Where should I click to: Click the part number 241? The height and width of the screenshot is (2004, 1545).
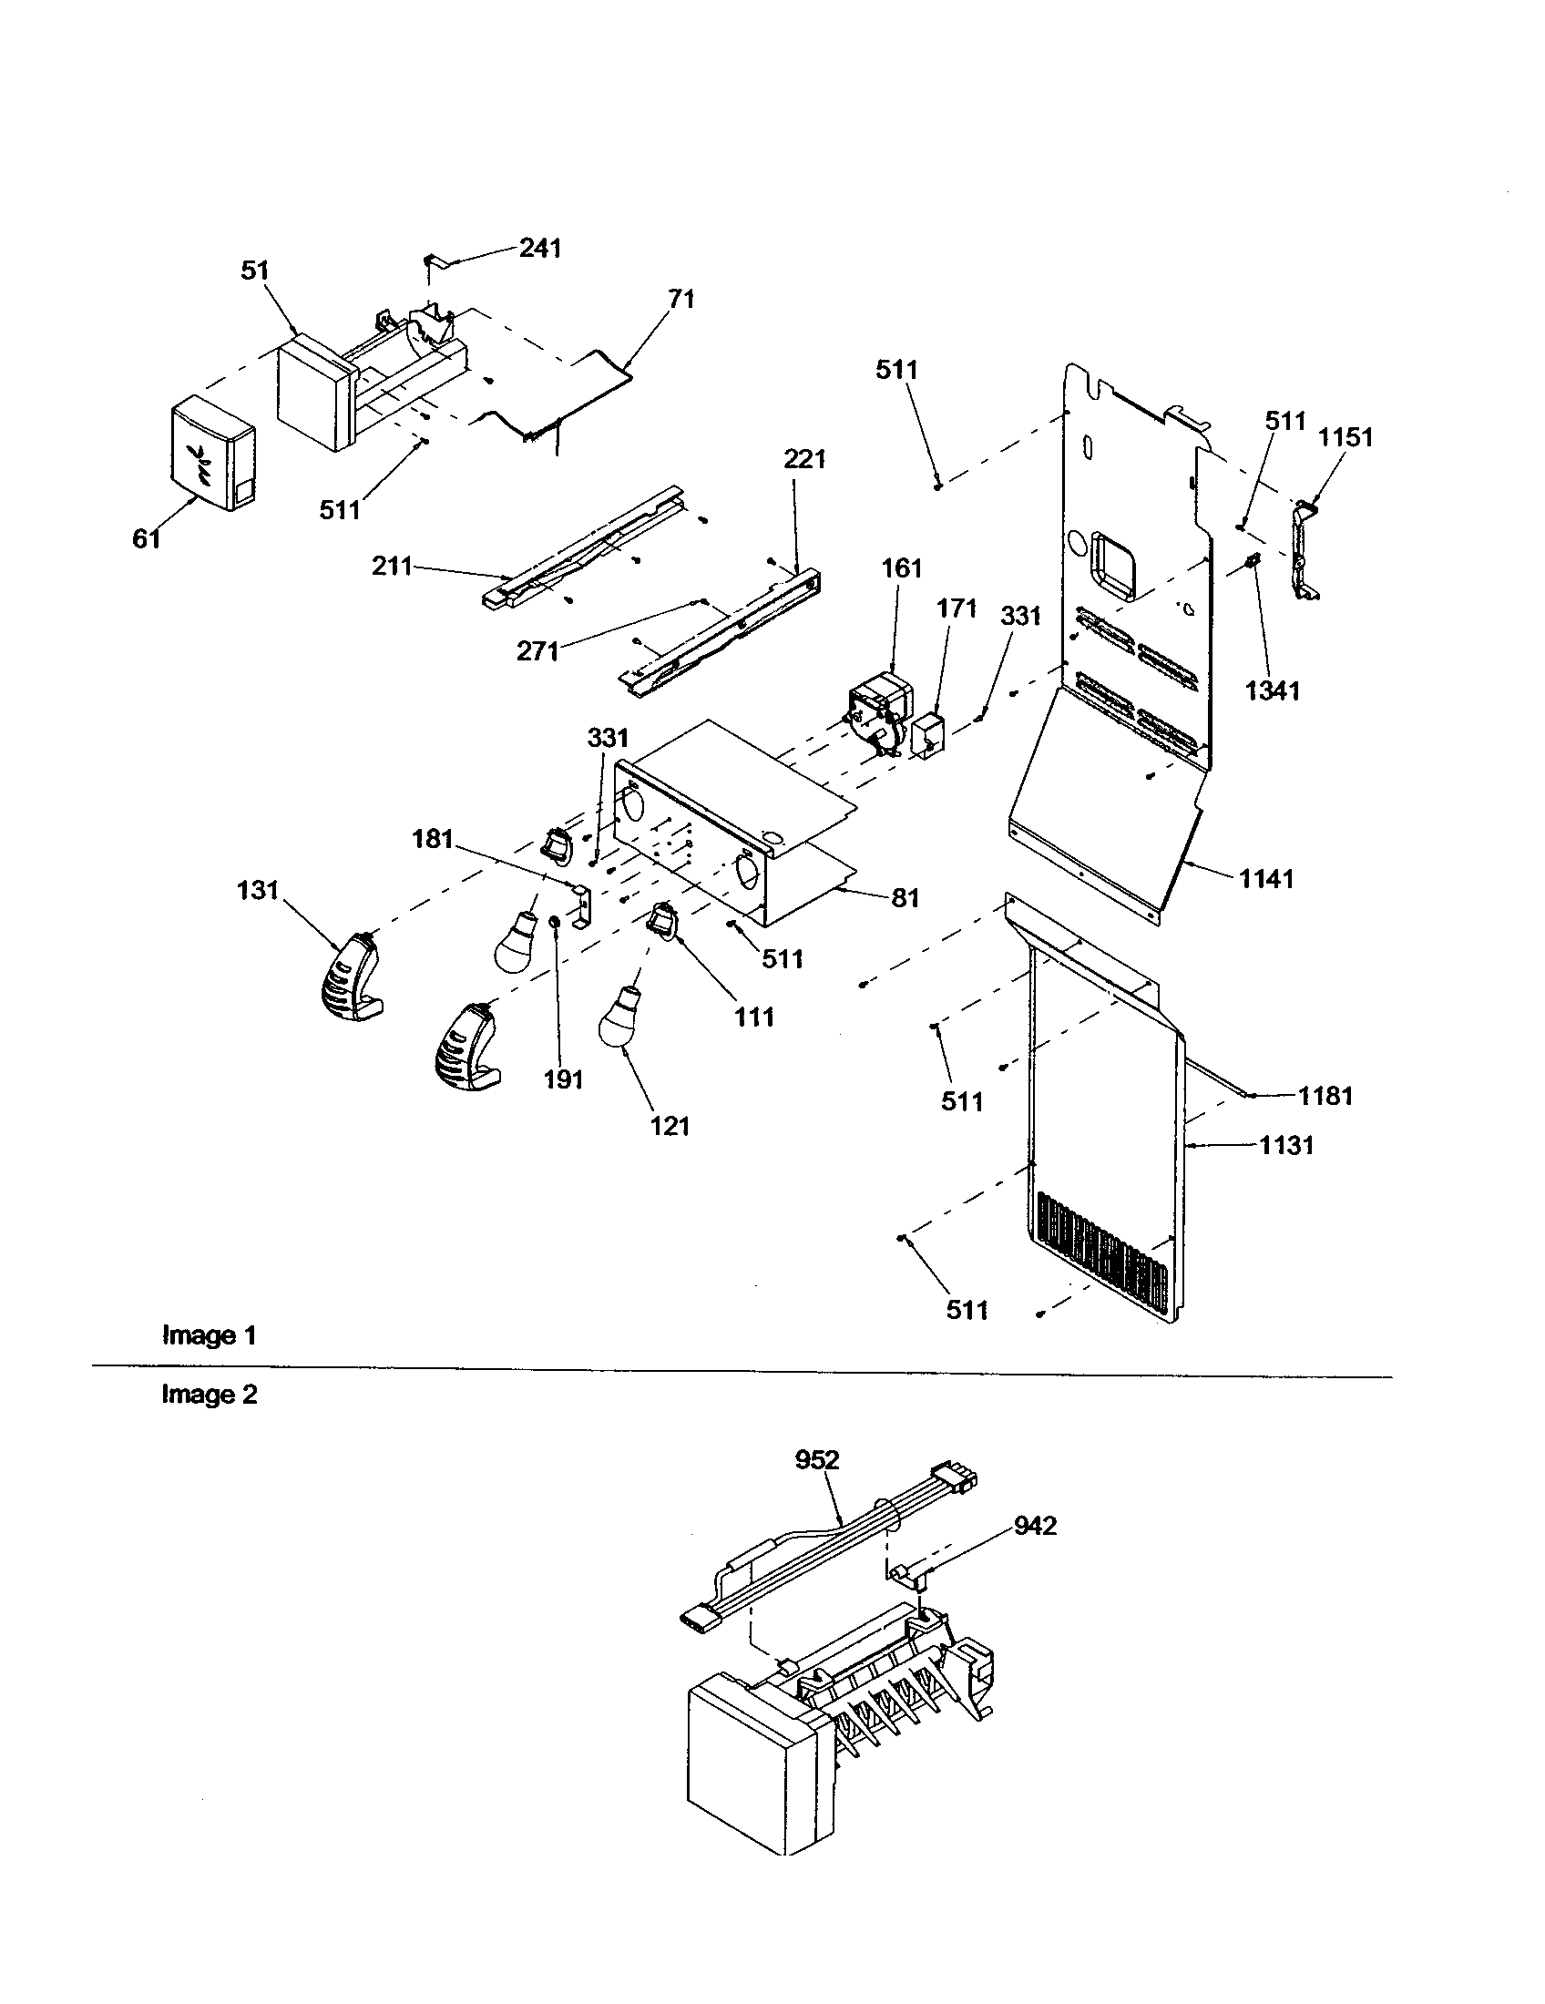540,249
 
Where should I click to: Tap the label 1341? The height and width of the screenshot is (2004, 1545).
1273,690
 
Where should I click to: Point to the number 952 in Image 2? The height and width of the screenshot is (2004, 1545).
817,1459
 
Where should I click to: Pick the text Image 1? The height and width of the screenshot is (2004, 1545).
210,1335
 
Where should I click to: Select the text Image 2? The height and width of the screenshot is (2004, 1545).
210,1395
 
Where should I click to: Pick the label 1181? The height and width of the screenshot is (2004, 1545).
1325,1096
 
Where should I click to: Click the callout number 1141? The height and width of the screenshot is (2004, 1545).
1266,879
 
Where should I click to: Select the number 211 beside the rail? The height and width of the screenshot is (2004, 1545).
392,567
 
